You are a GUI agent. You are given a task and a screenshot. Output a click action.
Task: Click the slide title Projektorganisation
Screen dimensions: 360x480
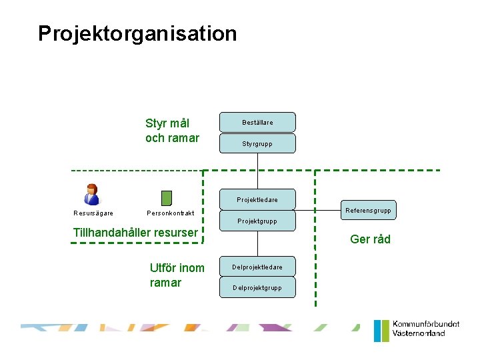pos(137,34)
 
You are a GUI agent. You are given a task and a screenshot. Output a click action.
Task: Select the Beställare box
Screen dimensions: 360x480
pos(257,123)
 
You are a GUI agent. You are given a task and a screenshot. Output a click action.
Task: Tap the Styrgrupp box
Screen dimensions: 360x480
pos(257,143)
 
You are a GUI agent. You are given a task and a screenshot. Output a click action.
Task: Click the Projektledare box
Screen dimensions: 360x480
pos(257,199)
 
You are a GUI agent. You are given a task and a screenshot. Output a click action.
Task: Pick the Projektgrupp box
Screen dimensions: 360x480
pos(257,221)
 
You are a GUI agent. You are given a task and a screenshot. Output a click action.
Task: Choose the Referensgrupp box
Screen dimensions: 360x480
pos(368,210)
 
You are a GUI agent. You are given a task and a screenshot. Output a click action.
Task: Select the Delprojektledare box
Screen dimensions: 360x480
pos(257,267)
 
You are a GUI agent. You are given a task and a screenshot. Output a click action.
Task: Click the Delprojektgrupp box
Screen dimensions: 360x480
pos(257,288)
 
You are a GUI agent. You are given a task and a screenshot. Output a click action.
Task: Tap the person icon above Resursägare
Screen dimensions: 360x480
pos(91,194)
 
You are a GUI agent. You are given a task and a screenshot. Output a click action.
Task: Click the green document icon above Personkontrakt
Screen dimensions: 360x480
pos(167,198)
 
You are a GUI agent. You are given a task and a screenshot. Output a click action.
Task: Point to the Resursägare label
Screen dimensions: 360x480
pos(93,213)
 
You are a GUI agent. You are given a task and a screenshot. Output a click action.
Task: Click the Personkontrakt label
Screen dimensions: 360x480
pos(170,213)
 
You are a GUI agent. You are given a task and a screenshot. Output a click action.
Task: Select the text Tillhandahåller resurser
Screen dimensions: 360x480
pos(135,233)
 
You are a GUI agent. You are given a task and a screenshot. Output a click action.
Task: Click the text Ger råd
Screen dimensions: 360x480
pos(370,239)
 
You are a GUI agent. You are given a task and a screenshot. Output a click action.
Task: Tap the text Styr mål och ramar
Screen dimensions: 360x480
pos(172,131)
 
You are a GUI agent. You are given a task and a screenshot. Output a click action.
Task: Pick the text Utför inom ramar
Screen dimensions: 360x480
pos(177,275)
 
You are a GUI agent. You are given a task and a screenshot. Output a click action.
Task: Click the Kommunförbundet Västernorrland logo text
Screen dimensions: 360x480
pos(425,329)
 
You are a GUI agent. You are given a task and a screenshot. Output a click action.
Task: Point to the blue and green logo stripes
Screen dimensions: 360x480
pos(381,331)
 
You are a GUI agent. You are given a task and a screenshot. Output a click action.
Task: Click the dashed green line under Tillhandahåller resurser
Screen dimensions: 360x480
pos(133,243)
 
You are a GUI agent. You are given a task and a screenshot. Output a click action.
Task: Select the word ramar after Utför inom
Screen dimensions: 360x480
pos(165,283)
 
